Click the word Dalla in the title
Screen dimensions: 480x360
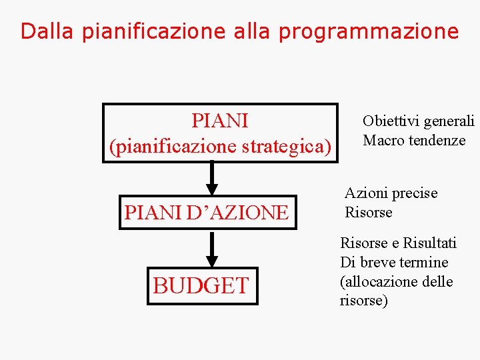coord(48,31)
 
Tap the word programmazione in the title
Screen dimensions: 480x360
coord(369,31)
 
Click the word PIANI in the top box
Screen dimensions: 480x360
coord(219,121)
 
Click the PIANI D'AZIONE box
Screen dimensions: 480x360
coord(207,213)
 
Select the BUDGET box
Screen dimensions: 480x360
coord(201,286)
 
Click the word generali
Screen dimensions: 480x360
coord(449,121)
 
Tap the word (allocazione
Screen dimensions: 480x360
coord(378,281)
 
